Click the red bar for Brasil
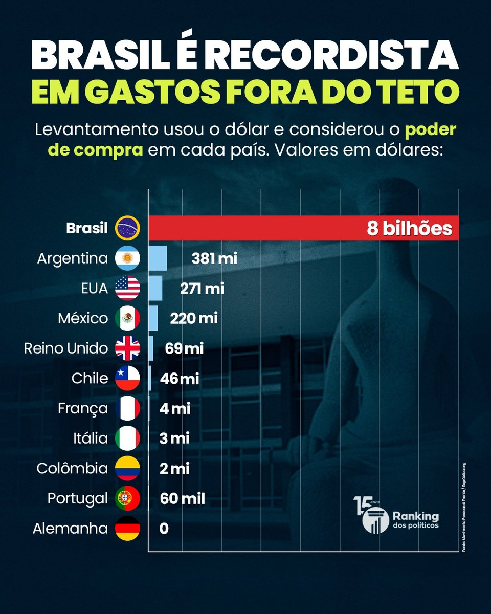tap(256, 228)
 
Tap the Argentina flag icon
tap(127, 258)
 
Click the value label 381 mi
tap(214, 258)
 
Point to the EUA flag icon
tap(127, 288)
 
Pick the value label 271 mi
tap(202, 289)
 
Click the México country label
tap(83, 318)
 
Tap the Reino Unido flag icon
tap(127, 348)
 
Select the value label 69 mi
tap(184, 349)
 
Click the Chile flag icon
tap(127, 378)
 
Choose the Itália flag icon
tap(127, 438)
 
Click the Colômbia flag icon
tap(127, 468)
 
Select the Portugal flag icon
tap(127, 498)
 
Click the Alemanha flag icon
tap(127, 528)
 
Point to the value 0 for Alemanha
tap(164, 529)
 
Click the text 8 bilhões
tap(409, 228)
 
